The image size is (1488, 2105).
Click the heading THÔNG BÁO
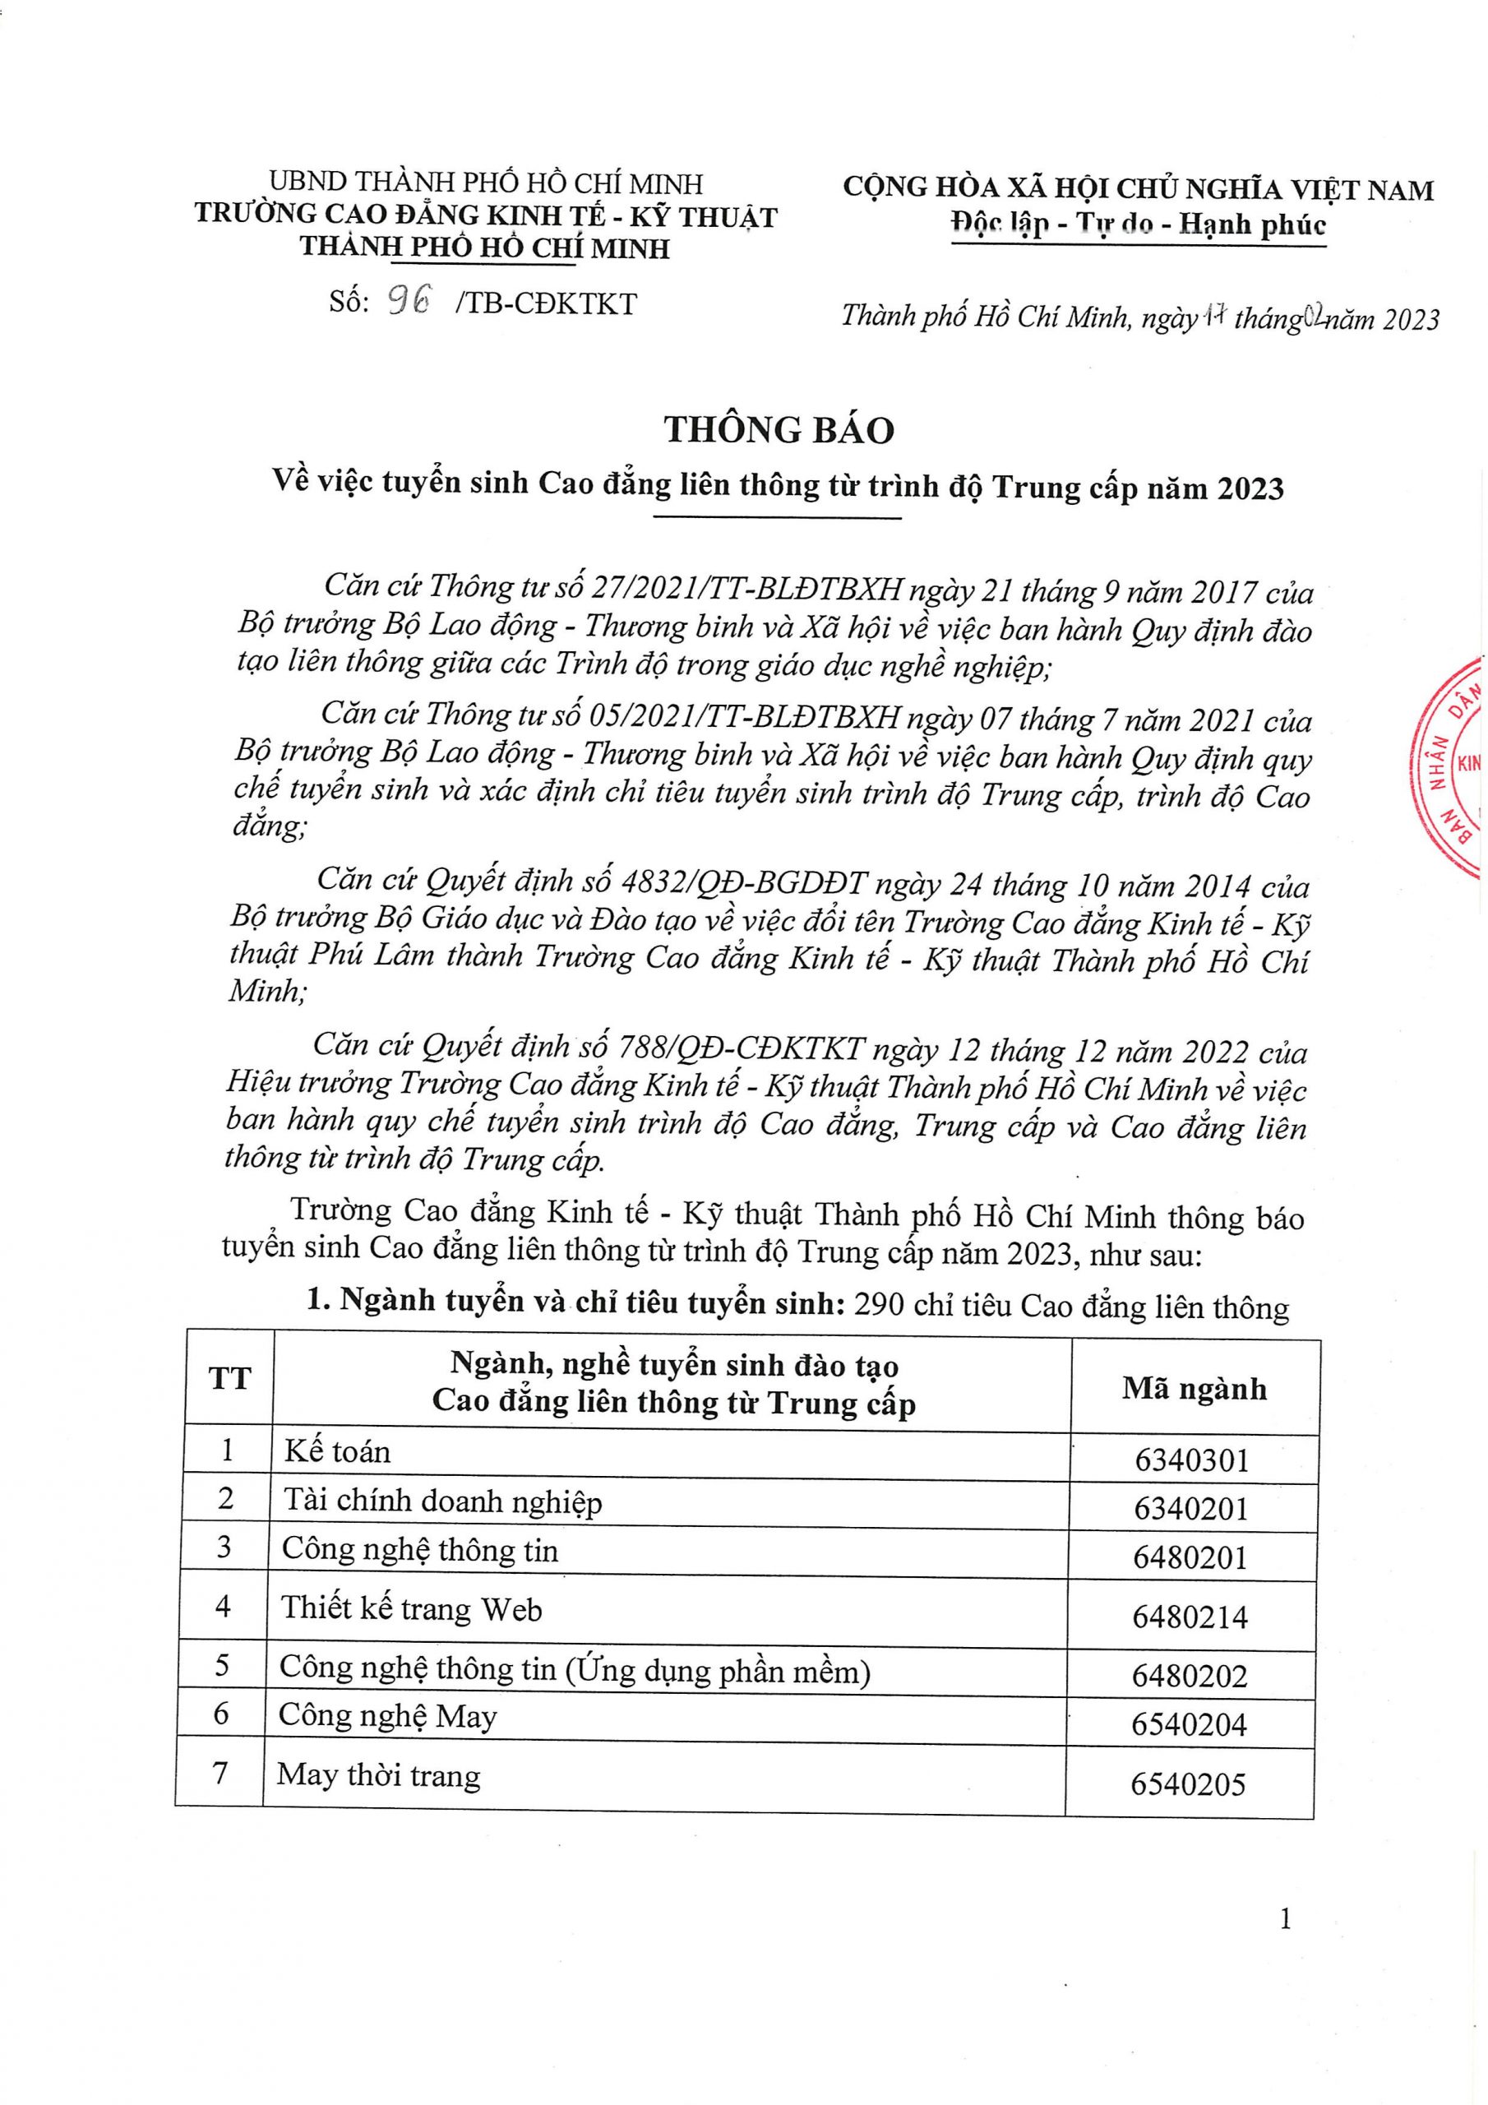(x=779, y=430)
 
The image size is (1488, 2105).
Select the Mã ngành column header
(x=1194, y=1389)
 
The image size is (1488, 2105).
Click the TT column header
(x=229, y=1378)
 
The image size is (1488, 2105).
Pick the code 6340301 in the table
(x=1192, y=1460)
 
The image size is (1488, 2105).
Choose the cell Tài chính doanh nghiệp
(x=442, y=1501)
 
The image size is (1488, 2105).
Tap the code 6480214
(x=1190, y=1617)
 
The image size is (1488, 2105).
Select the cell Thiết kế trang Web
(x=411, y=1609)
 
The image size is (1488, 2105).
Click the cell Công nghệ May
(x=387, y=1715)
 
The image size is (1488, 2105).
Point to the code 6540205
(x=1188, y=1784)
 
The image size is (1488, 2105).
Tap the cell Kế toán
(x=336, y=1451)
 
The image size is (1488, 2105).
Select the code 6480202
(x=1189, y=1676)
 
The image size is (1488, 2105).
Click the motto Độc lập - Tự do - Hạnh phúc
(x=1139, y=225)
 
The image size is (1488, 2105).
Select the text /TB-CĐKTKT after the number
(x=547, y=303)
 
